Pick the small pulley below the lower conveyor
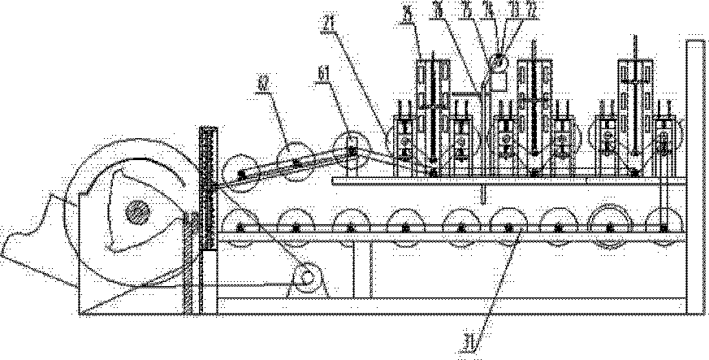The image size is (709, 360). pos(308,278)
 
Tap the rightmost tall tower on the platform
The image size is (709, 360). pos(637,106)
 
